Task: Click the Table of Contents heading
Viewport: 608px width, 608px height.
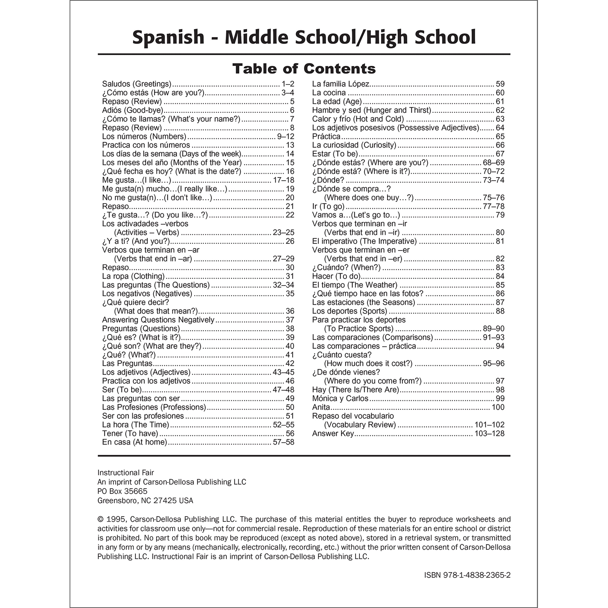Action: pos(304,69)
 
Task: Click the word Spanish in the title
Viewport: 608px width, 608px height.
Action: pos(168,37)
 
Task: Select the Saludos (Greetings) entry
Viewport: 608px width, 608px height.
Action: pos(137,84)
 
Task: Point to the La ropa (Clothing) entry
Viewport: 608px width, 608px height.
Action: pos(133,276)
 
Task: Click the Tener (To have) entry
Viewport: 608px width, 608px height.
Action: pos(130,433)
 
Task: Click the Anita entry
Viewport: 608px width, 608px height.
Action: pos(321,407)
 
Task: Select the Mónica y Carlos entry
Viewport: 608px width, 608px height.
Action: pos(340,398)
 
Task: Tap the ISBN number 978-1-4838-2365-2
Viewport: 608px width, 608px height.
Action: pos(467,575)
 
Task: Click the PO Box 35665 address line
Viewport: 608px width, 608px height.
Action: pos(122,491)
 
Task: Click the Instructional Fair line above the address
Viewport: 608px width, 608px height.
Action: pos(125,473)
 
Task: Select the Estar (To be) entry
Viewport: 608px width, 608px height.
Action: pos(335,154)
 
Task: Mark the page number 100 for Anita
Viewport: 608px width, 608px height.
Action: pos(498,407)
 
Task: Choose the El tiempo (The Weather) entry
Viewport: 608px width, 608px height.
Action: pos(355,285)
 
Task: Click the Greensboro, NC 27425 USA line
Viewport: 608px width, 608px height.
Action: pos(145,500)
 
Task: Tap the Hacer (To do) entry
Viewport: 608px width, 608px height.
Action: pos(336,276)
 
